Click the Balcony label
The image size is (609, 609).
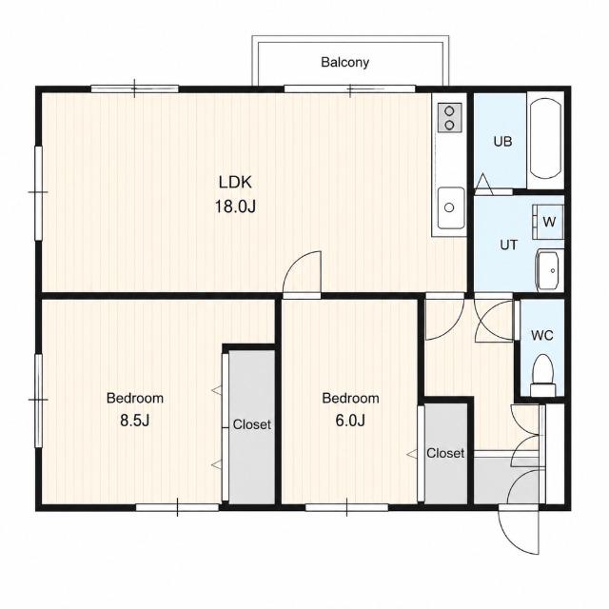(x=344, y=62)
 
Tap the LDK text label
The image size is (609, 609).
(x=235, y=182)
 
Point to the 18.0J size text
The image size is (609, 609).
(x=235, y=206)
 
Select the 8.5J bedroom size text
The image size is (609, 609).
(x=135, y=421)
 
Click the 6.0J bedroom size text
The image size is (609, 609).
(x=350, y=421)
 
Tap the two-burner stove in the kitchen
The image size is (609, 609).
(x=450, y=117)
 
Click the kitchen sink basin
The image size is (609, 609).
(x=450, y=208)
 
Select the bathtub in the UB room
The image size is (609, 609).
(x=545, y=138)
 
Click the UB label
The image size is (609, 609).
(x=502, y=142)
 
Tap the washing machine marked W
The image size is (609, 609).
(x=548, y=222)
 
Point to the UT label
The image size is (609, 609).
(x=508, y=246)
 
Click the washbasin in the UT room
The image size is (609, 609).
(x=548, y=270)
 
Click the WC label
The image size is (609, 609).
(x=542, y=335)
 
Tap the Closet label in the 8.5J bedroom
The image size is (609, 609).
(x=251, y=424)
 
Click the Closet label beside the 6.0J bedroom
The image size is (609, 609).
(x=445, y=453)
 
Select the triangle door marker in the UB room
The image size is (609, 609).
(x=483, y=184)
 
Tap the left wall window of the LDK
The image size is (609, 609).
(x=38, y=192)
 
